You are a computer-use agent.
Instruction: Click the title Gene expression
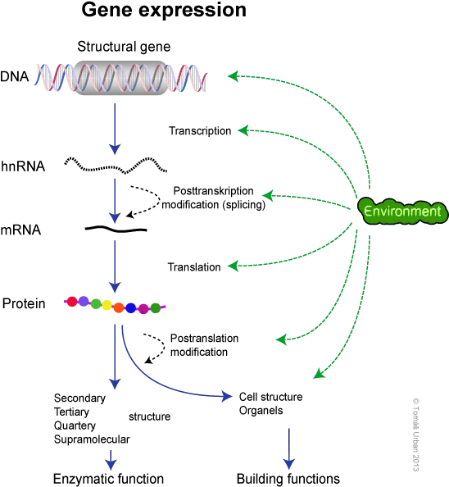(x=164, y=11)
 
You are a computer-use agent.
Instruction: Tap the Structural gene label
(x=124, y=47)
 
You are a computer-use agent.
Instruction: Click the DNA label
(x=14, y=76)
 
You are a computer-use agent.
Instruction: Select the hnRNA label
(x=23, y=166)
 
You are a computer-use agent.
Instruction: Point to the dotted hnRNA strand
(x=116, y=166)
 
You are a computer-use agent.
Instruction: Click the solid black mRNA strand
(x=116, y=230)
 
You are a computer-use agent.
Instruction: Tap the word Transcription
(x=200, y=131)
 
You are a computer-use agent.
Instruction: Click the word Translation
(x=194, y=267)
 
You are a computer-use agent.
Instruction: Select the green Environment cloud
(x=403, y=212)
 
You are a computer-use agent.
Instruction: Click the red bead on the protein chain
(x=72, y=301)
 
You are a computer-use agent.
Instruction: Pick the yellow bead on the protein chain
(x=107, y=305)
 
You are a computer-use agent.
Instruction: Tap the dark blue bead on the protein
(x=130, y=307)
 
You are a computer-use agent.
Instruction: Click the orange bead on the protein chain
(x=119, y=307)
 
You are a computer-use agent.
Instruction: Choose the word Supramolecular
(x=92, y=439)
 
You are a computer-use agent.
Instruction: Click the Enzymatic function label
(x=108, y=479)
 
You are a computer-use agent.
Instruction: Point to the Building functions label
(x=288, y=479)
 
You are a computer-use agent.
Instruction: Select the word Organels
(x=261, y=411)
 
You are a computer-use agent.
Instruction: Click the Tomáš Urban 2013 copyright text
(x=415, y=435)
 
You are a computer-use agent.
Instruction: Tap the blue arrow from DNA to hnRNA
(x=115, y=129)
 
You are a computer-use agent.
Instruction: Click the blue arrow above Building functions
(x=289, y=449)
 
